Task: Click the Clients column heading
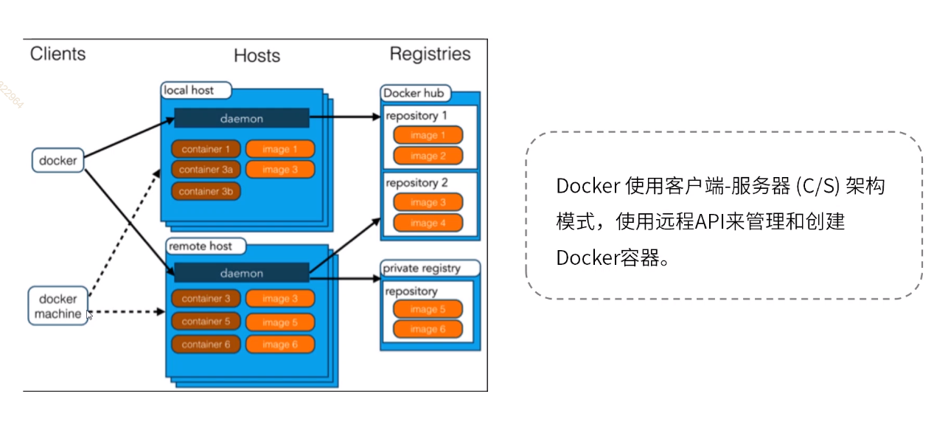pos(57,54)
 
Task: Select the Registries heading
pos(430,54)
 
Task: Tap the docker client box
pos(58,160)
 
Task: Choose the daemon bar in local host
pos(241,118)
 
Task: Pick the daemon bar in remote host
pos(241,273)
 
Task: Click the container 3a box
pos(206,170)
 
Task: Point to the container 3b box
pos(206,192)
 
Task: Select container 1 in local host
pos(206,149)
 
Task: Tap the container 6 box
pos(206,345)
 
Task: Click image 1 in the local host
pos(280,149)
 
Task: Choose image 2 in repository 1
pos(428,156)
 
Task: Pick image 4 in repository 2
pos(428,223)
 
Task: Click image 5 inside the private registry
pos(428,309)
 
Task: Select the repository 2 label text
pos(417,183)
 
